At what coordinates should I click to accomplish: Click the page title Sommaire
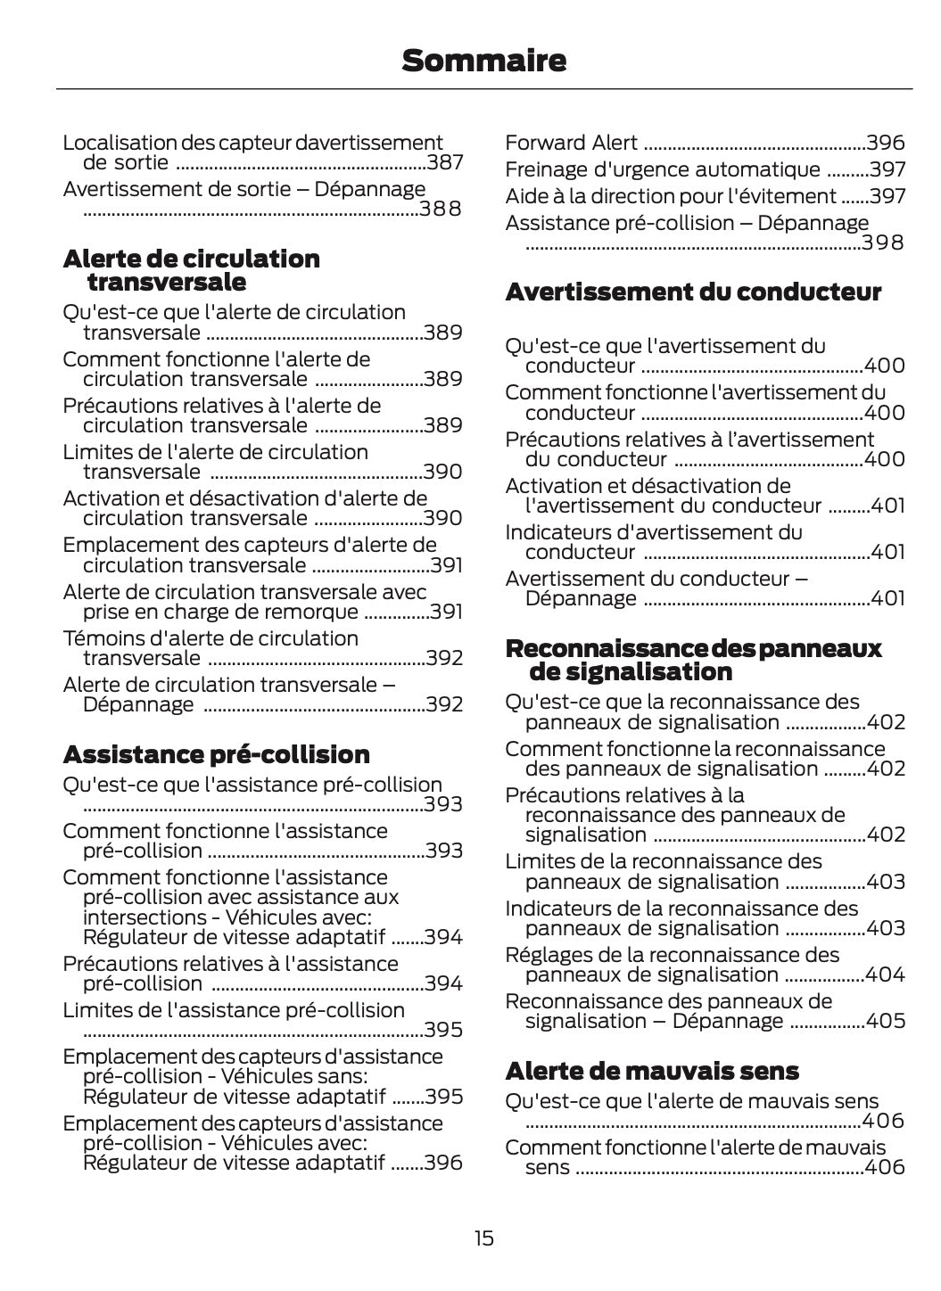point(483,61)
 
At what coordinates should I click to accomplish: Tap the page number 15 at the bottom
point(483,1238)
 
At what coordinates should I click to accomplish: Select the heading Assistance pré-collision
point(216,754)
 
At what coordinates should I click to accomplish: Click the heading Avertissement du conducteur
point(693,292)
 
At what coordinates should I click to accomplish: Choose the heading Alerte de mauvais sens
point(652,1070)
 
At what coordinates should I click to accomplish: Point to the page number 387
point(444,162)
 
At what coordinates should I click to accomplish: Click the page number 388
point(441,209)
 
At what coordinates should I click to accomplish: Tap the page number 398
point(883,243)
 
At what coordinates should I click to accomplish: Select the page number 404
point(885,974)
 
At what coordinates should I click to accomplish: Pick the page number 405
point(885,1021)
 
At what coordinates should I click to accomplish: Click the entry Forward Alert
point(571,143)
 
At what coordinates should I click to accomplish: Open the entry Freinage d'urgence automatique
point(662,169)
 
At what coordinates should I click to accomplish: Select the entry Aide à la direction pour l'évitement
point(670,196)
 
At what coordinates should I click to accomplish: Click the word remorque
point(317,612)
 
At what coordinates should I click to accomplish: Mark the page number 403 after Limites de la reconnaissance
point(885,882)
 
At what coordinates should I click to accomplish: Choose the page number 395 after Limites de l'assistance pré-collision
point(443,1030)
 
